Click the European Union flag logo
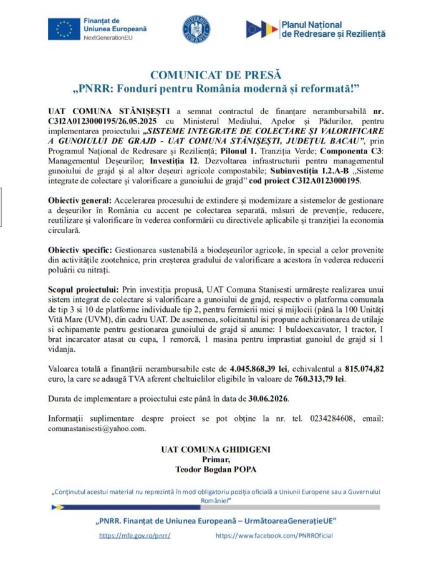[63, 29]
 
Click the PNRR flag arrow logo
[262, 29]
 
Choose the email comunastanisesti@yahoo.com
[97, 428]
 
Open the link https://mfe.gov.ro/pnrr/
[135, 536]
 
